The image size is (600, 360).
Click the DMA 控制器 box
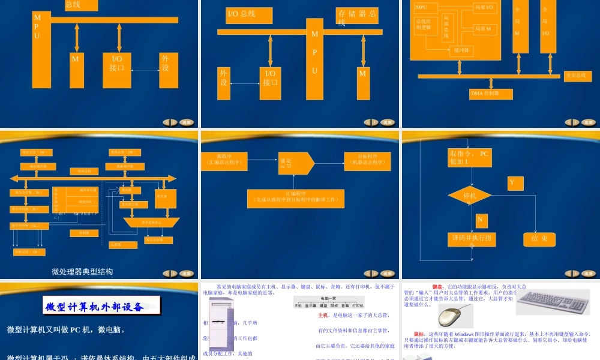coord(491,94)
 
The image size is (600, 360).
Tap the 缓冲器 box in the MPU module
coord(462,50)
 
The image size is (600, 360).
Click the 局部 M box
coord(485,28)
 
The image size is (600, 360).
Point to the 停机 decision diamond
coord(470,196)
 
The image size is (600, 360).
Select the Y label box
coord(515,182)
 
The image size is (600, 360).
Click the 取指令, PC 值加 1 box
coord(469,158)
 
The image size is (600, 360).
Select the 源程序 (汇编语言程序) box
coord(224,161)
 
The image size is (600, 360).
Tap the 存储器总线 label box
coord(358,17)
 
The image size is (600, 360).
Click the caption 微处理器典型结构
coord(82,271)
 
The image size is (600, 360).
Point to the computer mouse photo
coord(455,316)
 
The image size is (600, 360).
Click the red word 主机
coord(323,315)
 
